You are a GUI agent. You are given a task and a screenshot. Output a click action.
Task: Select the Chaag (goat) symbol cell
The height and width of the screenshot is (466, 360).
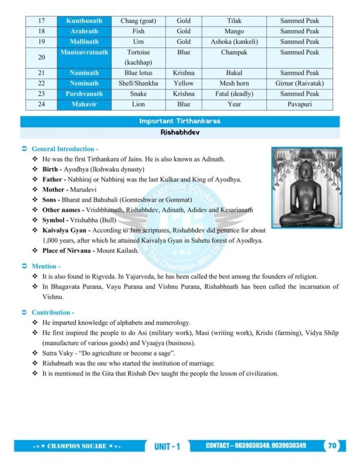(139, 21)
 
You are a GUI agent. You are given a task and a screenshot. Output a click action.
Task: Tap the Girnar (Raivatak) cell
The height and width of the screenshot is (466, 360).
(299, 83)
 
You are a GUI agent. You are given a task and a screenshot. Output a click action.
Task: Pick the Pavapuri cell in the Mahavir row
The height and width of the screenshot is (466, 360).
(299, 104)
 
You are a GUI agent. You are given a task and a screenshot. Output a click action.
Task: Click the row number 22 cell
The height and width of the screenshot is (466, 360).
(41, 83)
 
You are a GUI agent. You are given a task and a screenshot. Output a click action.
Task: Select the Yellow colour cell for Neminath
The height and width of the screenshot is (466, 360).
(184, 83)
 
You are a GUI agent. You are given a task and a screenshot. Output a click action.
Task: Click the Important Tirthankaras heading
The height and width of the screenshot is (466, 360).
(179, 121)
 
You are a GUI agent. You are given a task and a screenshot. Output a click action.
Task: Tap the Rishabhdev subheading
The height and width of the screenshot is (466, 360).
(179, 133)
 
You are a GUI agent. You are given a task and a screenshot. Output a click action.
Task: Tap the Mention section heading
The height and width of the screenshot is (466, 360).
(46, 265)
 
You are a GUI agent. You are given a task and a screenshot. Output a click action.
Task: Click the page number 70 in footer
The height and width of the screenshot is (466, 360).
(332, 446)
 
